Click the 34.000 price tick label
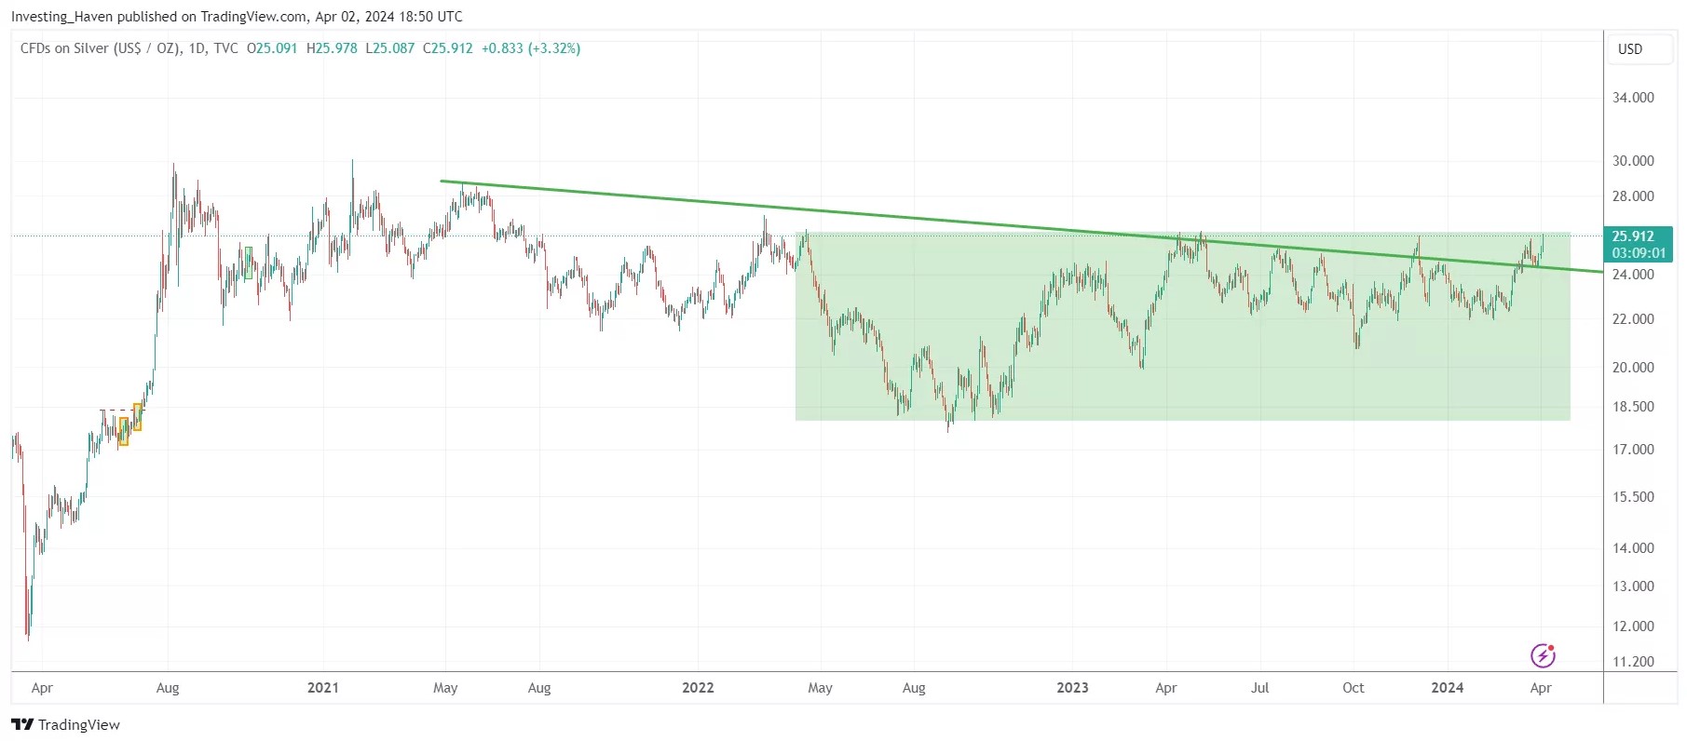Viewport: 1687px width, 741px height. point(1633,98)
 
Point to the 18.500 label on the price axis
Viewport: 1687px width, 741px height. point(1633,407)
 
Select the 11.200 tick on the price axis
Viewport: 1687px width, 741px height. point(1633,662)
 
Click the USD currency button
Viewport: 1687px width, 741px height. point(1630,49)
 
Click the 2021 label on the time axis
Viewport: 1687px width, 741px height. point(323,688)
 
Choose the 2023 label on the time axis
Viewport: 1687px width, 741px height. point(1072,688)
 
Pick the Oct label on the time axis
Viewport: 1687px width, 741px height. point(1353,688)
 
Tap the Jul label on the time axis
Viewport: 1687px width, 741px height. point(1259,688)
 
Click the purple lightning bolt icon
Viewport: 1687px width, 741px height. point(1543,656)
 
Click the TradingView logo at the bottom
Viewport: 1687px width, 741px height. point(65,724)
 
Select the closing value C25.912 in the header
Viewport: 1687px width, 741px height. point(448,48)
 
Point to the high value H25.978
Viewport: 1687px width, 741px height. point(332,48)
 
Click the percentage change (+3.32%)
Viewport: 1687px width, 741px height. point(554,48)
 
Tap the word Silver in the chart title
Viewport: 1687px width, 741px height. point(91,48)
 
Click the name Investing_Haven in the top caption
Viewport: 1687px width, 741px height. point(61,17)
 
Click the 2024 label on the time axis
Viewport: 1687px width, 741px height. point(1447,688)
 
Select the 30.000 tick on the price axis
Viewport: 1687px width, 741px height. point(1633,161)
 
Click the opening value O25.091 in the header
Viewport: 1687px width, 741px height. point(272,48)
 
